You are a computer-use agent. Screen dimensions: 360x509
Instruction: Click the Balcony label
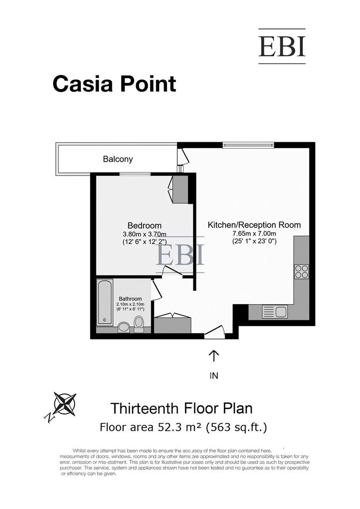(x=118, y=159)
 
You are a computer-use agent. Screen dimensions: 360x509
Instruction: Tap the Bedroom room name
(x=145, y=225)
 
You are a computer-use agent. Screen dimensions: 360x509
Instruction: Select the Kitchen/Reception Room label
(x=254, y=225)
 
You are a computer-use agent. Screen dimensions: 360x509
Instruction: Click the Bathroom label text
(x=130, y=299)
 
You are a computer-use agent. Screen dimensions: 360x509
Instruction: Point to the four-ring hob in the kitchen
(x=301, y=271)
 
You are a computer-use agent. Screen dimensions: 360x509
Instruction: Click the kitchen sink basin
(x=281, y=312)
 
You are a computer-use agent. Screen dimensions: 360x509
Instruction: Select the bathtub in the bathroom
(x=105, y=302)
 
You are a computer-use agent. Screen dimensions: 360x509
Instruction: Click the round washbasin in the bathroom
(x=124, y=327)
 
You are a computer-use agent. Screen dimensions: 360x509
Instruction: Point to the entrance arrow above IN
(x=214, y=356)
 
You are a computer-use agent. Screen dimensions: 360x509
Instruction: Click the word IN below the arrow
(x=214, y=376)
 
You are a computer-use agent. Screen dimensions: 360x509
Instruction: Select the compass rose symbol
(x=65, y=404)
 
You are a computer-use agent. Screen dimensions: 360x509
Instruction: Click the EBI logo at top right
(x=282, y=46)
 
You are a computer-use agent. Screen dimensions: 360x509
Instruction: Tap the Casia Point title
(x=114, y=84)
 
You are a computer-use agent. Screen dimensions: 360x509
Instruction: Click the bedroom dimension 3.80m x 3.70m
(x=145, y=234)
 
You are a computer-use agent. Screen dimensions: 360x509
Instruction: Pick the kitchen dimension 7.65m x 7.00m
(x=254, y=234)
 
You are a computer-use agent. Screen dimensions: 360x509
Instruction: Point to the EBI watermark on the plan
(x=180, y=255)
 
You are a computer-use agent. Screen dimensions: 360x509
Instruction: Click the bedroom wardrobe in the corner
(x=180, y=189)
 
